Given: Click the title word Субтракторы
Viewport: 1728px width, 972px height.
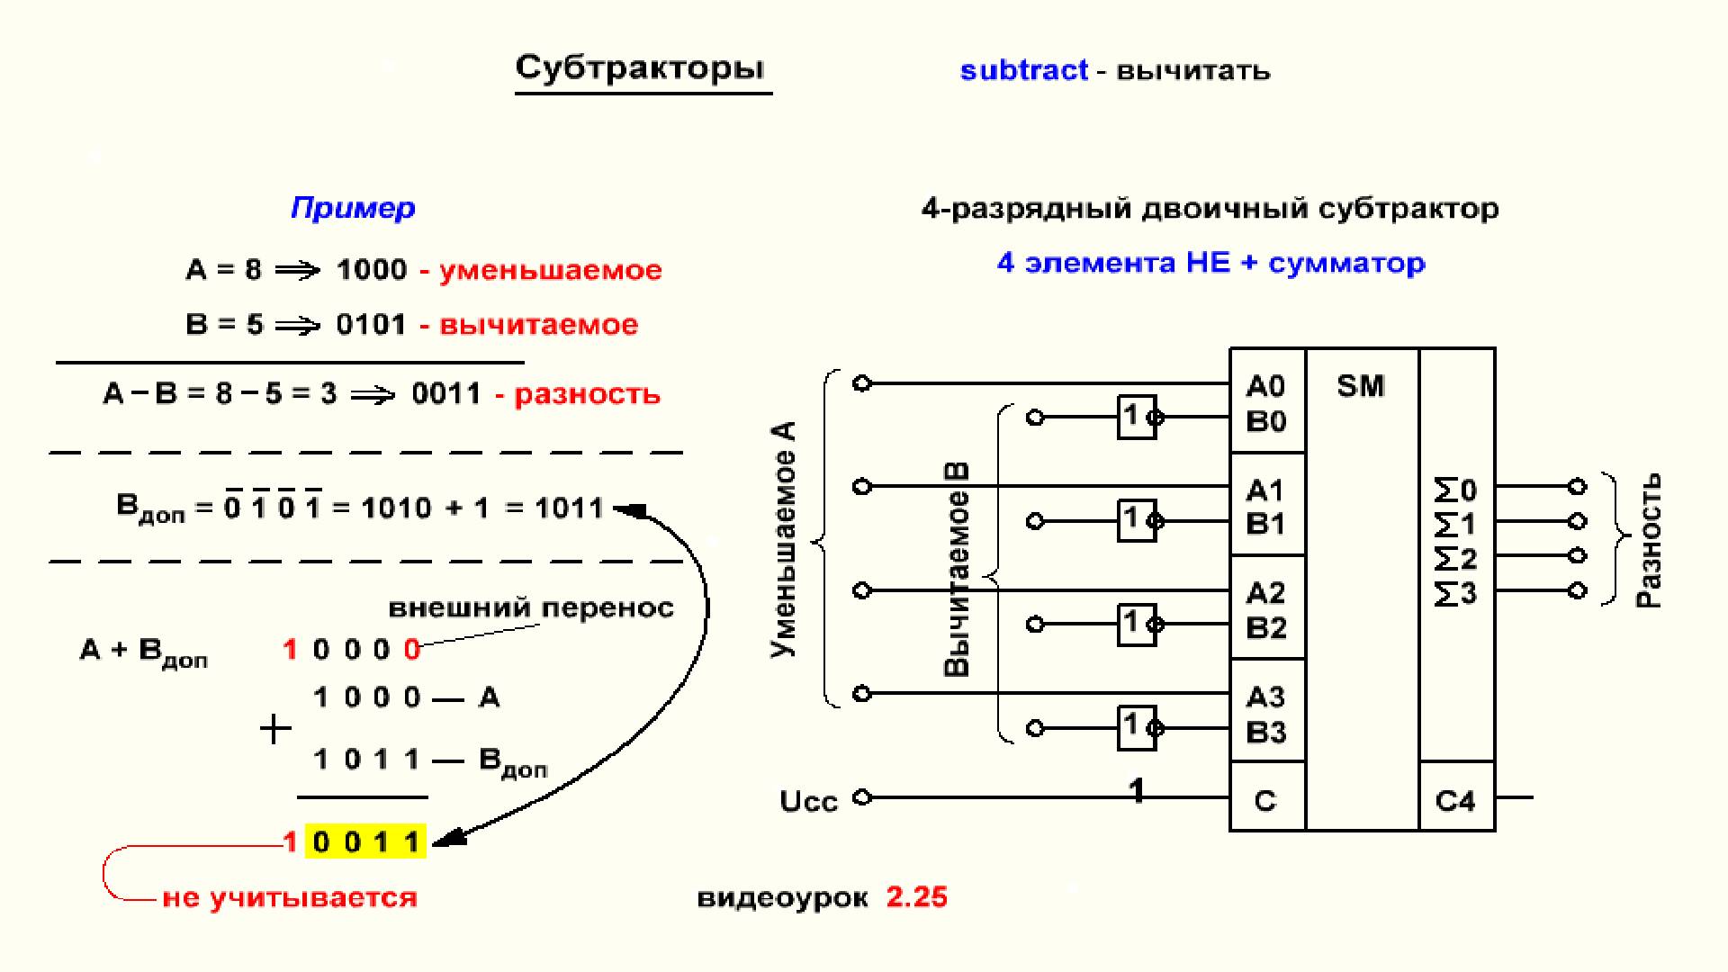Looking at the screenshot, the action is [x=640, y=68].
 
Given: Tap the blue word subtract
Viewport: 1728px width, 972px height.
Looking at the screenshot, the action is [x=1024, y=70].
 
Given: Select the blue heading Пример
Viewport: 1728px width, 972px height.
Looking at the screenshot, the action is [x=353, y=208].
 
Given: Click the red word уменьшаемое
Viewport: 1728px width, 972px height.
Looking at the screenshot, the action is [x=551, y=270].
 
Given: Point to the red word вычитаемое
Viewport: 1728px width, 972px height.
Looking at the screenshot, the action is [x=538, y=324].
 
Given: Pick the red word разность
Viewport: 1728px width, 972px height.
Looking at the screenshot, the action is [x=587, y=394].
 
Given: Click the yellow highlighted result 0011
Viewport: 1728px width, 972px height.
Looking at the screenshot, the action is [x=365, y=841].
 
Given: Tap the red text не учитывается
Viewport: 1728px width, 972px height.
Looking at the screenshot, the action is [x=290, y=898].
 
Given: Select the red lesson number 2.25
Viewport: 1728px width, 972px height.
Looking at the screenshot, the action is [x=917, y=896].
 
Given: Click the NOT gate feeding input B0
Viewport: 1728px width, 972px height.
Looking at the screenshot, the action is [x=1138, y=417].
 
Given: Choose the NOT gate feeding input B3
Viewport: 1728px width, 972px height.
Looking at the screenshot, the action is [x=1138, y=727].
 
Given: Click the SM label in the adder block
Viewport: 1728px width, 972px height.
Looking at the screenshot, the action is [x=1360, y=386].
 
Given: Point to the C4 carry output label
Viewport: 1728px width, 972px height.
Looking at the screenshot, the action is [x=1455, y=801].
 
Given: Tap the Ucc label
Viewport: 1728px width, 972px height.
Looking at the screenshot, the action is [x=808, y=801].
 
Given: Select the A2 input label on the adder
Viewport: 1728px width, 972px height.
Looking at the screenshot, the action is [x=1265, y=593].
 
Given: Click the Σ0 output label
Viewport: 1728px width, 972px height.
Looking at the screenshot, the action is [x=1455, y=490].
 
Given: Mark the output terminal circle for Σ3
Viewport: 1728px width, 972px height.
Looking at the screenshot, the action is [x=1577, y=590].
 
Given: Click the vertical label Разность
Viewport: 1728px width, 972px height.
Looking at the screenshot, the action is [x=1649, y=540].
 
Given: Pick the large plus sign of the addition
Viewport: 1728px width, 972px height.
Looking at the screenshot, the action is [x=275, y=729].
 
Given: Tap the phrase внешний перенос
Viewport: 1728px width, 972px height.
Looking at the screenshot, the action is [x=531, y=608].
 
